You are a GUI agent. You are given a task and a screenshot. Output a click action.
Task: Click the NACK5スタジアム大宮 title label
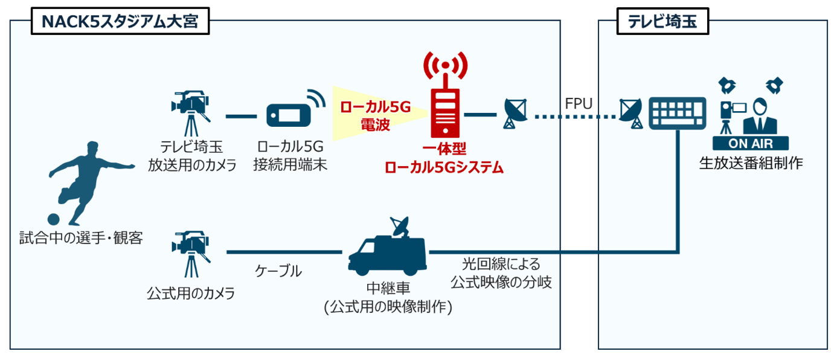coord(120,24)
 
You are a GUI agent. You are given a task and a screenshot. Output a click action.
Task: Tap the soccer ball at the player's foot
coord(54,219)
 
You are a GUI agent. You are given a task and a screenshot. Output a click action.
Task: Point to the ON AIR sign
coord(751,144)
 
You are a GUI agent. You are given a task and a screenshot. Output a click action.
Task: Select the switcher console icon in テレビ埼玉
coord(677,113)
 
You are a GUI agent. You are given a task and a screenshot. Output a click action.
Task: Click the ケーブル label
coord(278,271)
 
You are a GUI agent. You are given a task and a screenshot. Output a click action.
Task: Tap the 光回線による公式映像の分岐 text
coord(501,273)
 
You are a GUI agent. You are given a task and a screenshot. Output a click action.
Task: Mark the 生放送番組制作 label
coord(751,163)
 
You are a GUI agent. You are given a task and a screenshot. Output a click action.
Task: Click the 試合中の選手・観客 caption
coord(81,238)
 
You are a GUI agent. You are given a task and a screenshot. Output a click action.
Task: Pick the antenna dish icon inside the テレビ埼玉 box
coord(632,114)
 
